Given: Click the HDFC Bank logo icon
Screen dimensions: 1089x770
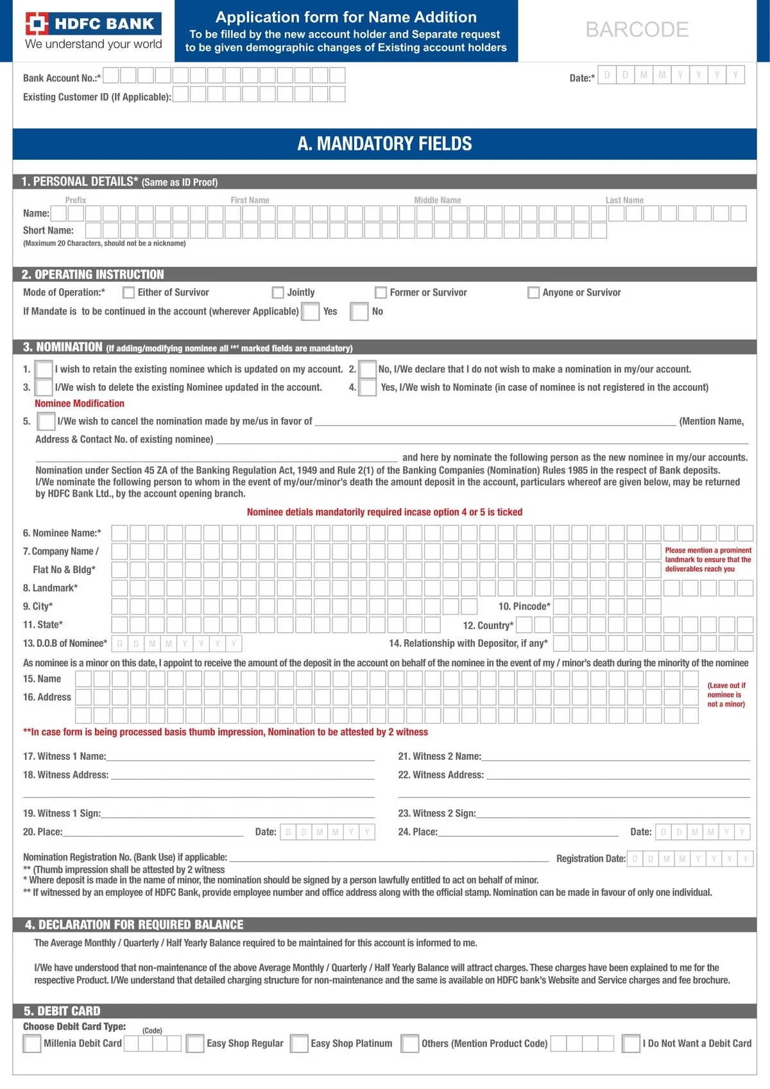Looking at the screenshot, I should (37, 24).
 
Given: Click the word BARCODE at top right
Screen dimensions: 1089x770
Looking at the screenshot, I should (637, 30).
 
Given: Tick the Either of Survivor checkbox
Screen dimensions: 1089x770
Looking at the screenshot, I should (128, 293).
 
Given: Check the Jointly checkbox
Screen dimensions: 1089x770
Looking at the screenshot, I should (278, 293).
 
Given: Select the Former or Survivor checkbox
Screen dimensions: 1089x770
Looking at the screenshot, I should (381, 293).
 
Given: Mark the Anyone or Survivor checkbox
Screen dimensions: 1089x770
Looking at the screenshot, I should (533, 293).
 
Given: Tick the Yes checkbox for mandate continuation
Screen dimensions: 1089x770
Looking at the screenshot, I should (311, 312).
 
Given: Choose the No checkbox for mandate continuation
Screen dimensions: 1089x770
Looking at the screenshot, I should (359, 312).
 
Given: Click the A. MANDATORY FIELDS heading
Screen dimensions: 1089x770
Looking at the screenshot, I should (384, 144).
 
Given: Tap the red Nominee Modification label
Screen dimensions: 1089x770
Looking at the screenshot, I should (80, 404).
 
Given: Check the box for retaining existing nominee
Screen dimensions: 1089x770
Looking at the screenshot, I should (44, 370).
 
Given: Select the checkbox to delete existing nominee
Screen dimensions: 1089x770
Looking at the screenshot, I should (44, 388).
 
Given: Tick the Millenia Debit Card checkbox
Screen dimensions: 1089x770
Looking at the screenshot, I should (32, 1043).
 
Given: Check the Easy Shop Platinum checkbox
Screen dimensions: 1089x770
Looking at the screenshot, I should (299, 1043).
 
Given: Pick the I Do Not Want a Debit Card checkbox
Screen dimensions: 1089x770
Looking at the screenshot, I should (631, 1043).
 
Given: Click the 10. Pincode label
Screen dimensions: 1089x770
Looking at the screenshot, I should (524, 606).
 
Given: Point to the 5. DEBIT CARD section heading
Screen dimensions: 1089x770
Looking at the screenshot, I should (62, 1011).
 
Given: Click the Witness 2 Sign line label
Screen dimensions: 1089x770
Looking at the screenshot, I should (437, 814).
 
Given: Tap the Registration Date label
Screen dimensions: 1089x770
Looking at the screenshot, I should (590, 859).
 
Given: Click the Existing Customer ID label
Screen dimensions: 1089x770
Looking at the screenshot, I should (97, 97).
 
